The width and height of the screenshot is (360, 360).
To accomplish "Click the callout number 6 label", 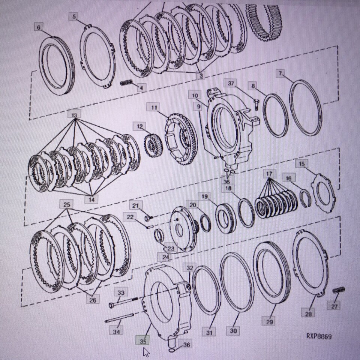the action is point(38,27).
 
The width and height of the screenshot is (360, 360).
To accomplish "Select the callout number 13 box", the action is point(74,114).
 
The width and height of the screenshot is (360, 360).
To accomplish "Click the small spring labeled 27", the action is point(339,290).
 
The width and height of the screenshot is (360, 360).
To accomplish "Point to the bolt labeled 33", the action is point(123,302).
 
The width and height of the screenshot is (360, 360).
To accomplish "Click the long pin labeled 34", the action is point(119,318).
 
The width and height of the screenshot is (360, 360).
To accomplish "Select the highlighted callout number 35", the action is point(142,341).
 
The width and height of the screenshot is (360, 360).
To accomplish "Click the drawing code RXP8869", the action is point(319,336).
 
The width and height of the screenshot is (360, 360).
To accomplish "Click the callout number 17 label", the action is point(269,174).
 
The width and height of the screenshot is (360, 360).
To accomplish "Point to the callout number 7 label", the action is point(280,73).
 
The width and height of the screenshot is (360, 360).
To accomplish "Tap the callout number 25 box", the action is point(67,204).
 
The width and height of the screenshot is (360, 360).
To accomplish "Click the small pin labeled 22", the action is point(150,227).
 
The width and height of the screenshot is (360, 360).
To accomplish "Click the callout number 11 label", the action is point(154,107).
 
